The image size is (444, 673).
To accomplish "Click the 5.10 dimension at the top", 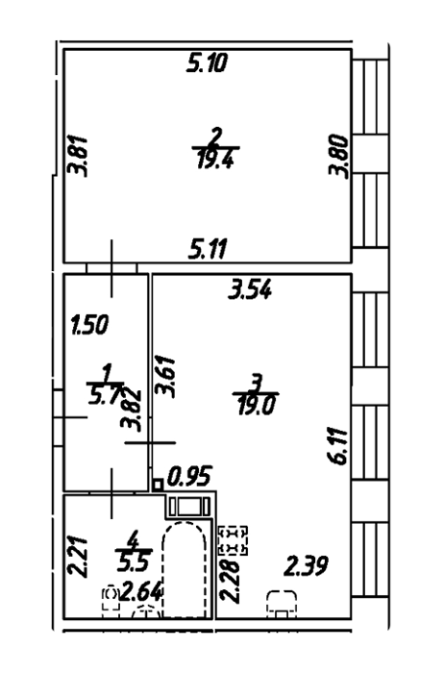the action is pos(207,63).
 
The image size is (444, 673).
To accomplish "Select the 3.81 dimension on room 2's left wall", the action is pos(79,156).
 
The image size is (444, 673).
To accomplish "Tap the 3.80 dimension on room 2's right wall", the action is pos(338,155).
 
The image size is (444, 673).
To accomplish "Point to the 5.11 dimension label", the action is pos(208,249).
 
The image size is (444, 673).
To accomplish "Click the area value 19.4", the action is pos(216,161).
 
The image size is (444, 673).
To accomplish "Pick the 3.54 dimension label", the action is pos(250,288).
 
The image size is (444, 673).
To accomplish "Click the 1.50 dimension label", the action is pos(89,325).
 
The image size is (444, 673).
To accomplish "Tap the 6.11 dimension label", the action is pos(339,445).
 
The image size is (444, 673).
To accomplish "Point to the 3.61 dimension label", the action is pos(165,377).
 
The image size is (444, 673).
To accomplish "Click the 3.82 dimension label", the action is pos(132,410).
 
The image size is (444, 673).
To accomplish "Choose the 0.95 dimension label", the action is pos(190,477).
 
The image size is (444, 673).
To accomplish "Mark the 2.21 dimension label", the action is pos(79,557).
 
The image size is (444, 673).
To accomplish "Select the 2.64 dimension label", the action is pos(141,593).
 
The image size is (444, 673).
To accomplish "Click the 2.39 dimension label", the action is pos(307,565).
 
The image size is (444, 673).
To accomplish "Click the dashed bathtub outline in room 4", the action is pos(162,566).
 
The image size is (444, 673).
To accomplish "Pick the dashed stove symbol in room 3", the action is pos(234,539).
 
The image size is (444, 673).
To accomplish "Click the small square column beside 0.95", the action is pos(158,486).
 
